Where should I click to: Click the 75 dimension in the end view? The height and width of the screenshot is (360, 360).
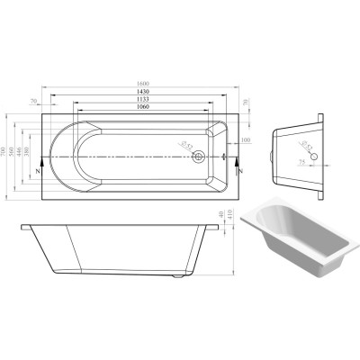tap(302, 160)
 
